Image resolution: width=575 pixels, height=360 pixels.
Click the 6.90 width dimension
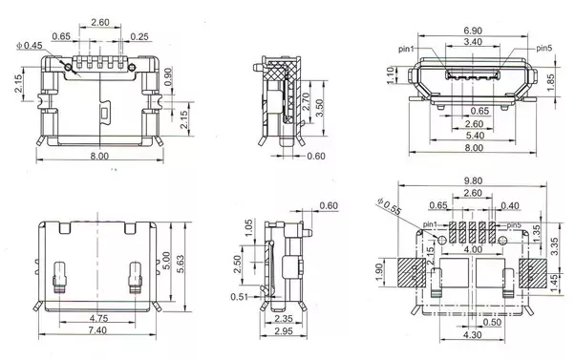pyautogui.click(x=473, y=31)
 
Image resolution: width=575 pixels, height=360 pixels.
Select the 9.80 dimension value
pyautogui.click(x=473, y=180)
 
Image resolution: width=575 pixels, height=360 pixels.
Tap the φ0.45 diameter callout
pyautogui.click(x=30, y=46)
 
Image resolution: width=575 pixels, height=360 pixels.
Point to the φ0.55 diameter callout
pyautogui.click(x=390, y=206)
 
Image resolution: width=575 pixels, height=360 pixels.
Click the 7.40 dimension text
pyautogui.click(x=97, y=330)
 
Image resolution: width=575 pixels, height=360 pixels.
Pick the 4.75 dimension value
pyautogui.click(x=99, y=318)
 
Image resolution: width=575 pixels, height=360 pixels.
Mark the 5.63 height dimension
pyautogui.click(x=181, y=264)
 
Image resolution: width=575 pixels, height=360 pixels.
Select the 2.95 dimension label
pyautogui.click(x=284, y=331)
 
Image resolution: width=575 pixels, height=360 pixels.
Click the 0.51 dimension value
pyautogui.click(x=240, y=297)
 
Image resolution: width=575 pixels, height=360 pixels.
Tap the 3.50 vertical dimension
pyautogui.click(x=319, y=108)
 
